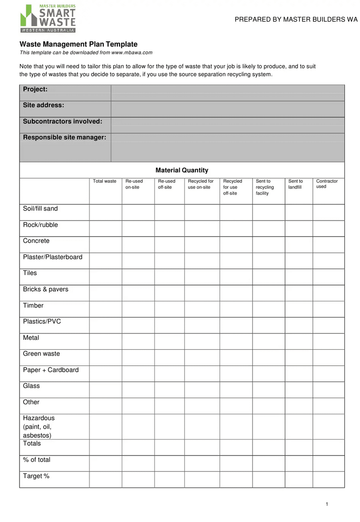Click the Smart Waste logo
point(48,18)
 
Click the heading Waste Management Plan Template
point(78,44)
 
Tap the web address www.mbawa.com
point(132,53)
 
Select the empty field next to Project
point(228,93)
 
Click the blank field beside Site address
point(228,109)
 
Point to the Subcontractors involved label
point(62,121)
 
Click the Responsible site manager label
point(64,137)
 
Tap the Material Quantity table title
point(182,170)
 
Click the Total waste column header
point(104,181)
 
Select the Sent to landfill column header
point(296,184)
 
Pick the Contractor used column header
point(327,184)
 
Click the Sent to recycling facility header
point(265,187)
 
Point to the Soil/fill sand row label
point(40,209)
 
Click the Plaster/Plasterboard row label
point(53,257)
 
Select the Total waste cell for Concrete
point(105,244)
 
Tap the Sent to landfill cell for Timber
point(299,309)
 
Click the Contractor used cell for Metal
point(328,341)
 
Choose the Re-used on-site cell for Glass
point(138,389)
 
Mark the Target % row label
point(36,476)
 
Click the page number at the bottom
point(327,504)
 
